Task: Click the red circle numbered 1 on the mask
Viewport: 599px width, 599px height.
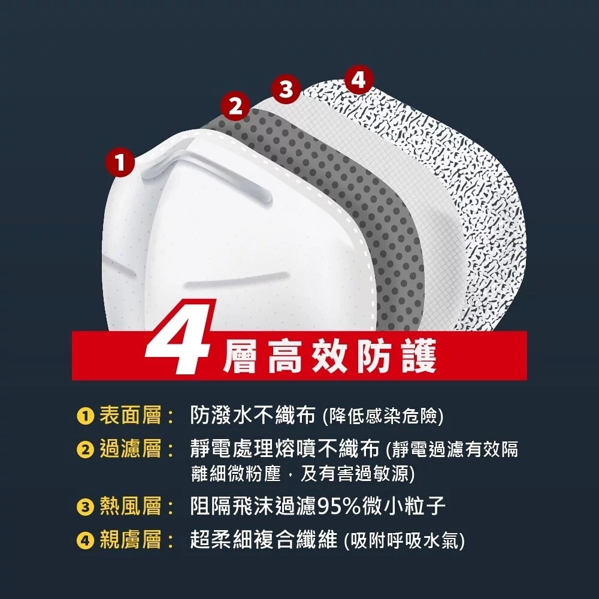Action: (x=120, y=162)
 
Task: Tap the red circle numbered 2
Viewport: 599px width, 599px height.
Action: (x=236, y=107)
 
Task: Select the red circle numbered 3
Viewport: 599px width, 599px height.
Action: (x=287, y=89)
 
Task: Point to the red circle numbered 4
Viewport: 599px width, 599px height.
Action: (x=358, y=80)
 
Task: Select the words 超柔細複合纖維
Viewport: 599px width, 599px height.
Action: (x=263, y=540)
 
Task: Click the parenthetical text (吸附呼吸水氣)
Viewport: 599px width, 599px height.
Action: (x=404, y=541)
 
